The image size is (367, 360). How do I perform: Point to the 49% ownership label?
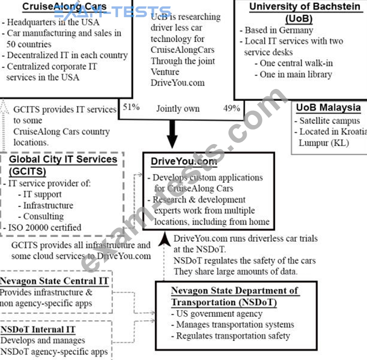pos(231,108)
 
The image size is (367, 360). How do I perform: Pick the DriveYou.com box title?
pos(184,162)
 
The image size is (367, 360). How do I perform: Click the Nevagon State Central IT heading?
pos(54,281)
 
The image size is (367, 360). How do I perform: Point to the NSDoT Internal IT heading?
pos(38,329)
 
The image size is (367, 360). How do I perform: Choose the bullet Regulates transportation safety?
pos(233,336)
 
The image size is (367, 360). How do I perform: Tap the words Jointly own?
pos(178,108)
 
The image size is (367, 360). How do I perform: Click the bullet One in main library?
pos(296,74)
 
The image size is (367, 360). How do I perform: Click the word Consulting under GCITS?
pos(44,216)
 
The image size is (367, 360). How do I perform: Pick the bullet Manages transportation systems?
pos(235,325)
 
